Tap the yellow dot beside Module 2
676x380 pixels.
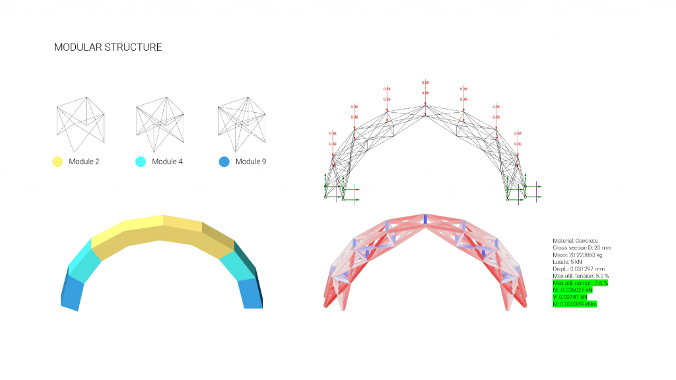point(57,162)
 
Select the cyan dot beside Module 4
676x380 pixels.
point(140,162)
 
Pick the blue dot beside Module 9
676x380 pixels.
point(224,162)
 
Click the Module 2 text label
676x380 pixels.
point(84,162)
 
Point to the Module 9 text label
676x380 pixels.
point(251,162)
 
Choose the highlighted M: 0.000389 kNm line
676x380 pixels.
point(574,303)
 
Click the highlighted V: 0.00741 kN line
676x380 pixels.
point(571,297)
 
